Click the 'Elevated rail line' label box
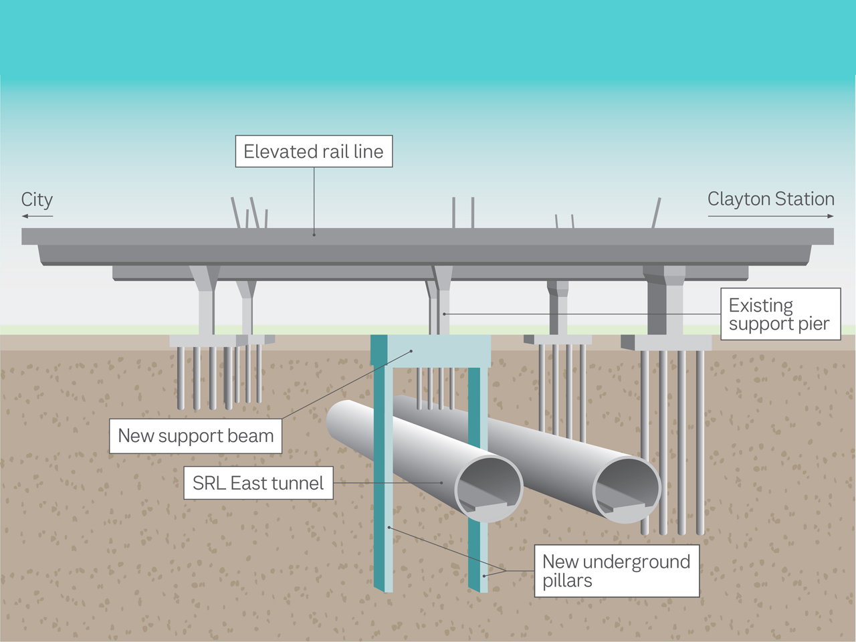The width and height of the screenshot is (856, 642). [314, 152]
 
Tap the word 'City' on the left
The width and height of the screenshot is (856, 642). [37, 200]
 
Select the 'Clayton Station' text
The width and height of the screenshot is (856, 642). [770, 199]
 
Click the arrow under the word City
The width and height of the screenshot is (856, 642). [37, 216]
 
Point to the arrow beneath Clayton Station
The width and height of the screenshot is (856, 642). [770, 216]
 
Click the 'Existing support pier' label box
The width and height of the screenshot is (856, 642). [780, 314]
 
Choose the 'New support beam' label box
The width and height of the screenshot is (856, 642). [195, 436]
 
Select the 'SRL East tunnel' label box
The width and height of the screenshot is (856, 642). [258, 483]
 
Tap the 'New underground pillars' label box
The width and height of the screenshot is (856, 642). [617, 571]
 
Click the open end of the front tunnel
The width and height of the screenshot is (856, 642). [489, 488]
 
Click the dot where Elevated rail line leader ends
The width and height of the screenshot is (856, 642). [314, 235]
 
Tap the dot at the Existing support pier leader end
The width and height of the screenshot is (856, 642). [444, 314]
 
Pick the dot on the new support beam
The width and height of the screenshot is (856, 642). [412, 351]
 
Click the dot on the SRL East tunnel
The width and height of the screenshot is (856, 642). [442, 483]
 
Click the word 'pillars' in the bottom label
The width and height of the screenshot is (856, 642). [567, 580]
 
